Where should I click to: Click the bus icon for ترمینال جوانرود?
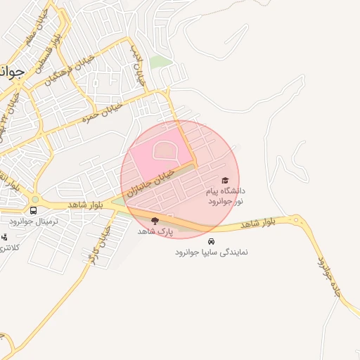[34, 210]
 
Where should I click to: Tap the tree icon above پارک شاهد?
[155, 221]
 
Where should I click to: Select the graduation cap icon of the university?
[225, 181]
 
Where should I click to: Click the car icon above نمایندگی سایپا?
[212, 241]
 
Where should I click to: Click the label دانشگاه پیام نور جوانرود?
[225, 196]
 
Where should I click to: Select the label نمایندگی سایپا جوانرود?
[212, 252]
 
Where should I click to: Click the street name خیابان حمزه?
[103, 110]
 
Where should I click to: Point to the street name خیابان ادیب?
[138, 65]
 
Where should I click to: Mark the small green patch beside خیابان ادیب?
[160, 62]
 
